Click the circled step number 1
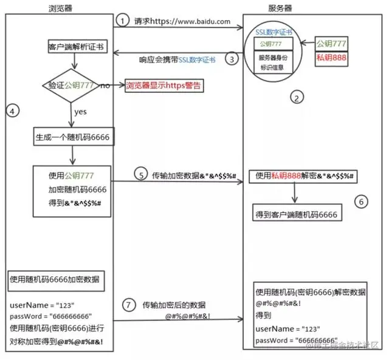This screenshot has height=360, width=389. click(123, 21)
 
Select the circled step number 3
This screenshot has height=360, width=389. click(231, 59)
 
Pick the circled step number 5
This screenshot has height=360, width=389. click(141, 175)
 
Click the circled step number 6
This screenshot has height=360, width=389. click(361, 202)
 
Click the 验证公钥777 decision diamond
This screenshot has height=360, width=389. click(72, 86)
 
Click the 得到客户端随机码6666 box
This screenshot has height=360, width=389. click(295, 215)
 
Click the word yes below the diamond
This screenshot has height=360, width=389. click(80, 112)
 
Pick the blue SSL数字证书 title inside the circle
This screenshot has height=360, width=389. click(275, 31)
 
